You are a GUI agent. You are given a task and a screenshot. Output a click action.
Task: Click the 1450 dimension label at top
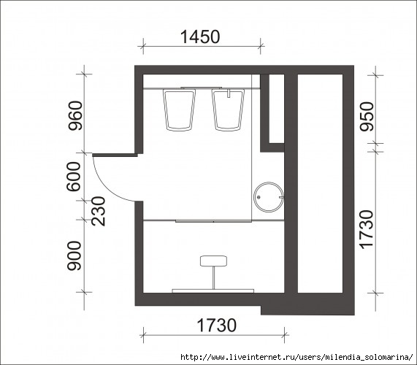(200, 36)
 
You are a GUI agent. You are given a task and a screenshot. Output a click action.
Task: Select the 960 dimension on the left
(75, 115)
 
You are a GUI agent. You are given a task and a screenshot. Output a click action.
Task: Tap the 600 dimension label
(73, 177)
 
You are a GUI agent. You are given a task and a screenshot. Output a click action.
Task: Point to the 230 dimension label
(99, 211)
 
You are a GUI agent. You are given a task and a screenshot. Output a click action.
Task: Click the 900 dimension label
(74, 255)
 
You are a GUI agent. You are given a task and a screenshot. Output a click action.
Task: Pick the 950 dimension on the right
(367, 117)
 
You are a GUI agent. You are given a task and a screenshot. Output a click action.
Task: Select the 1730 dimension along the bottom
(216, 325)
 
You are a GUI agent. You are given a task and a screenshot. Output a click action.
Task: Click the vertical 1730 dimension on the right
(367, 230)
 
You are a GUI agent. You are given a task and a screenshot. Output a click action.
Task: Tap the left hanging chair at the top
(179, 109)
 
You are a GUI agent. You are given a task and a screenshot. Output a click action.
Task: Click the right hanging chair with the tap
(228, 109)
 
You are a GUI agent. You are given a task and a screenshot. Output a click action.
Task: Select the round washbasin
(269, 197)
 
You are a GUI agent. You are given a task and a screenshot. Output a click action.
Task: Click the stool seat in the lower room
(213, 261)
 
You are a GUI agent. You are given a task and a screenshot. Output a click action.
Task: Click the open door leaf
(115, 155)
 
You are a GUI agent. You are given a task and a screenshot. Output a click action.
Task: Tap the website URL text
(297, 357)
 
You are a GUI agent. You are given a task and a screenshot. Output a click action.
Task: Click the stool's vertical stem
(213, 278)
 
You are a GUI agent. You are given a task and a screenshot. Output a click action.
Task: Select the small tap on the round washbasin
(281, 197)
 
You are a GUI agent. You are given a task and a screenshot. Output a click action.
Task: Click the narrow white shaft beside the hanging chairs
(277, 109)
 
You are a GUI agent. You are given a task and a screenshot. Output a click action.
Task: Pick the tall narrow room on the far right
(320, 183)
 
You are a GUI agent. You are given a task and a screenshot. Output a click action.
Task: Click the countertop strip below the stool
(213, 291)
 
